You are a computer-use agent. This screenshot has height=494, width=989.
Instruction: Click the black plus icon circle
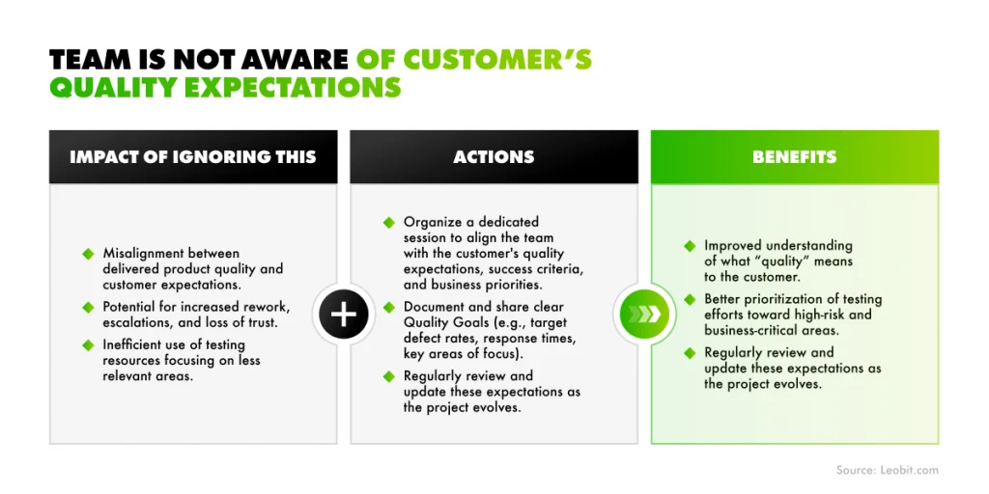click(344, 315)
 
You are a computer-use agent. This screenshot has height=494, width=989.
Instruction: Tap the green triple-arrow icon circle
click(644, 315)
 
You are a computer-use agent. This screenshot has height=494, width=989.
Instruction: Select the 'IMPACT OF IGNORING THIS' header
click(193, 156)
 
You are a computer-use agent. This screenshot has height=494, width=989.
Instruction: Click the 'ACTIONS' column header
click(494, 156)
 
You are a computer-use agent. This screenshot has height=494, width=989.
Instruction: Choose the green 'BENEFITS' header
click(794, 156)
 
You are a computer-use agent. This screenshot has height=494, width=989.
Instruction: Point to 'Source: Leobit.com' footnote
click(887, 470)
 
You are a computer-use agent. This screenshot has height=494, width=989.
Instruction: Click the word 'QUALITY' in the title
click(113, 88)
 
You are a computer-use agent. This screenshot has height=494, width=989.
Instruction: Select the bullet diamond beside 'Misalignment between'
click(89, 254)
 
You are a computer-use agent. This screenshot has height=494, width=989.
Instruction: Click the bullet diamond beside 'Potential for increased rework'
click(89, 306)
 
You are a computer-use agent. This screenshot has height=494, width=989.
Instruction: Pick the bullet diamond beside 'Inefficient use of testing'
click(89, 344)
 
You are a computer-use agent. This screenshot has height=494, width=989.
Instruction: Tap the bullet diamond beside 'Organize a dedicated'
click(389, 222)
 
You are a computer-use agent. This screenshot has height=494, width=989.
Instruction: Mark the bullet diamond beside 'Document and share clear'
click(389, 306)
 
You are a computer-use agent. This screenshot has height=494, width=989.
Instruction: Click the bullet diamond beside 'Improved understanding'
click(690, 246)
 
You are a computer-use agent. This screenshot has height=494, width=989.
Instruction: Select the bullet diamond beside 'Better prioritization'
click(690, 299)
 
